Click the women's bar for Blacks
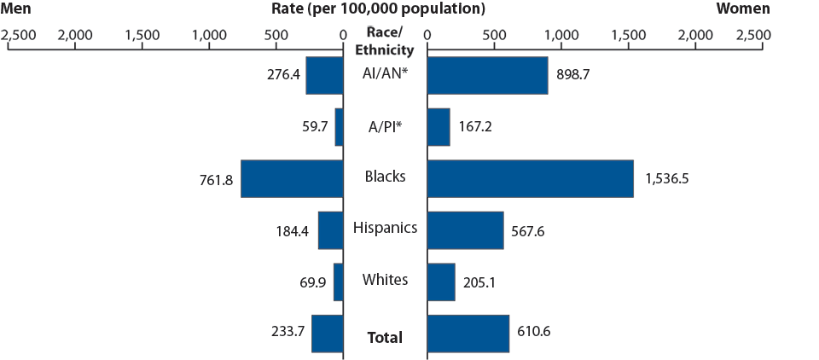pyautogui.click(x=530, y=178)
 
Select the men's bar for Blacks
pyautogui.click(x=292, y=178)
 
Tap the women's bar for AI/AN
pyautogui.click(x=487, y=75)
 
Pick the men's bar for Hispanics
pyautogui.click(x=330, y=230)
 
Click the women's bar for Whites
pyautogui.click(x=441, y=282)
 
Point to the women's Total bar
pyautogui.click(x=468, y=334)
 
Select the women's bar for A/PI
pyautogui.click(x=439, y=127)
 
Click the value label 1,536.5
pyautogui.click(x=671, y=178)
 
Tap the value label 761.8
pyautogui.click(x=214, y=178)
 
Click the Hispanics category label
pyautogui.click(x=385, y=228)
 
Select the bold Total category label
pyautogui.click(x=385, y=338)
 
